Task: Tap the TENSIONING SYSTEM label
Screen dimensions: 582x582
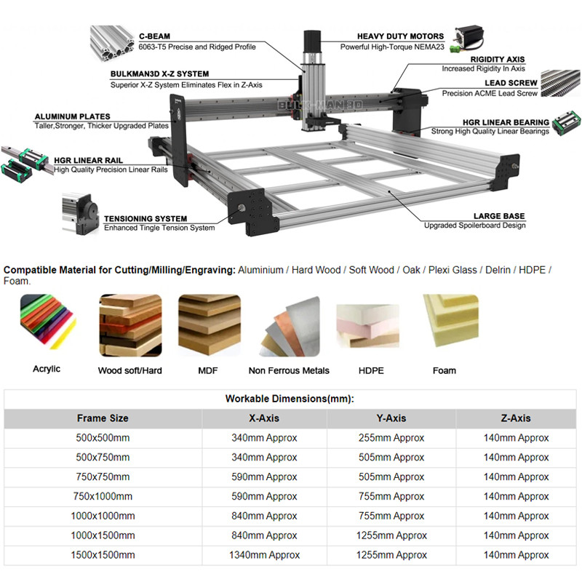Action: pyautogui.click(x=145, y=218)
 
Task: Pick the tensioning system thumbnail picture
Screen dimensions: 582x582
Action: pyautogui.click(x=80, y=215)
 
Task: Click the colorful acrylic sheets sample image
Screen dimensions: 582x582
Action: pyautogui.click(x=47, y=324)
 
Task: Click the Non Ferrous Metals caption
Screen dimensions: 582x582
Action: pyautogui.click(x=289, y=370)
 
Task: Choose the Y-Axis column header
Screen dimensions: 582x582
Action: pyautogui.click(x=391, y=418)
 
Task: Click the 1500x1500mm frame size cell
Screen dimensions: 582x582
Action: pyautogui.click(x=103, y=555)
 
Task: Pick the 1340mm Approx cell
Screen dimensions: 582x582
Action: pyautogui.click(x=265, y=555)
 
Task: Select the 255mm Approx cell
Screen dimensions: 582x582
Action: pyautogui.click(x=391, y=438)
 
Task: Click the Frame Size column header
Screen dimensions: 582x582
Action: pyautogui.click(x=103, y=418)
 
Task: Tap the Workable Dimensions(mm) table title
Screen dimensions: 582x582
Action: pyautogui.click(x=290, y=399)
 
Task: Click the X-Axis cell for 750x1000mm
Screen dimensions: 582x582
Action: pyautogui.click(x=265, y=496)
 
